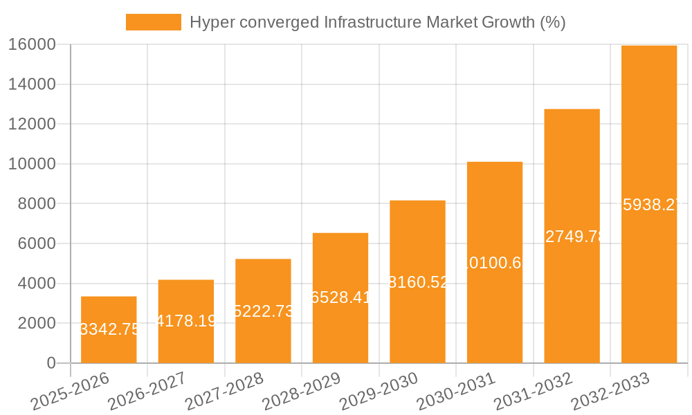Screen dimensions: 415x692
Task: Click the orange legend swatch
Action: [153, 22]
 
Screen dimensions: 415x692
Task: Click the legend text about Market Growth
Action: [377, 22]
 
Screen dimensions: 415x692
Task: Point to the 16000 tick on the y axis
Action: [32, 44]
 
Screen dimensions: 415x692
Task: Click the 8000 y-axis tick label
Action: [36, 204]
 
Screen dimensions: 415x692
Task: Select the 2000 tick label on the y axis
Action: [36, 323]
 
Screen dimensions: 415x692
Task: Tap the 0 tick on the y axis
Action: [51, 363]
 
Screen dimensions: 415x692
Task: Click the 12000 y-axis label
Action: [32, 124]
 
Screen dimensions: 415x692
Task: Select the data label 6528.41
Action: [340, 298]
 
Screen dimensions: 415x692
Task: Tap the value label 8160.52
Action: [418, 282]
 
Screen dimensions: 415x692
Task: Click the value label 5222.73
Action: [264, 311]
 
